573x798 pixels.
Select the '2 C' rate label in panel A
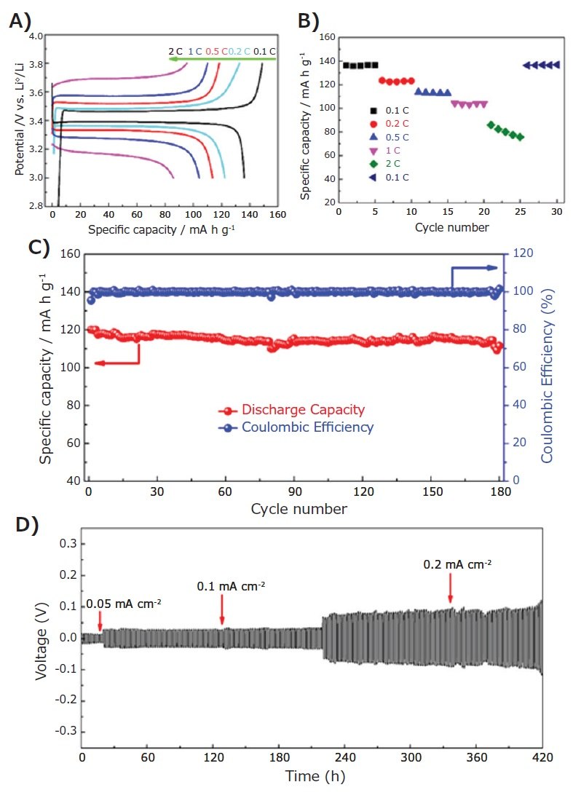175,51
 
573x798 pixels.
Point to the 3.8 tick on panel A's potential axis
36,64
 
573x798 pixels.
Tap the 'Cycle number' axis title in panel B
451,227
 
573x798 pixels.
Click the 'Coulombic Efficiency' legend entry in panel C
307,427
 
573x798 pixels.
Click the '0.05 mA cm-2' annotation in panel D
124,604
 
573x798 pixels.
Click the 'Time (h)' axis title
315,776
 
